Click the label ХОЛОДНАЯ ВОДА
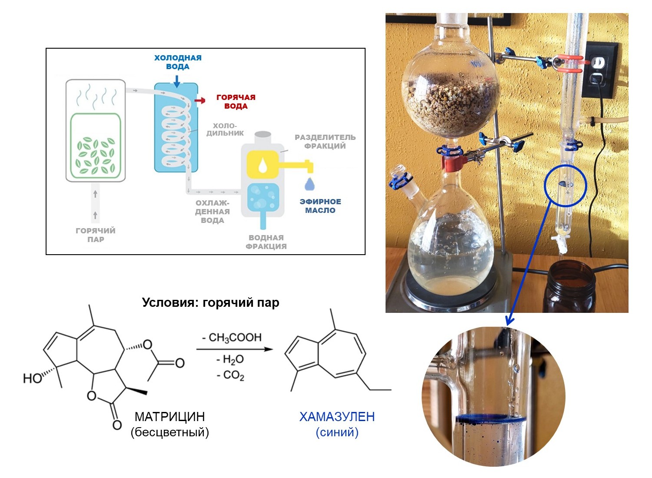pyautogui.click(x=178, y=62)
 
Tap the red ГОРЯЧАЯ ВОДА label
pyautogui.click(x=236, y=102)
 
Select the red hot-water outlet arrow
pyautogui.click(x=200, y=100)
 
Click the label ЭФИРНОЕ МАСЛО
pyautogui.click(x=320, y=206)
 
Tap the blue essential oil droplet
pyautogui.click(x=309, y=184)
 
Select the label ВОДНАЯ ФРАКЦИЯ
pyautogui.click(x=266, y=242)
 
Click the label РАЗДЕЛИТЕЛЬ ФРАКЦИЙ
pyautogui.click(x=325, y=142)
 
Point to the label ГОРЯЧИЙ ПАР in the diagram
pyautogui.click(x=96, y=235)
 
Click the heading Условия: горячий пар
pyautogui.click(x=210, y=302)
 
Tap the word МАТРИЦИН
pyautogui.click(x=170, y=417)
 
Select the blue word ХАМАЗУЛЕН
pyautogui.click(x=337, y=417)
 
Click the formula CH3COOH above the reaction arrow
pyautogui.click(x=235, y=338)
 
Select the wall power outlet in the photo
pyautogui.click(x=599, y=70)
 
